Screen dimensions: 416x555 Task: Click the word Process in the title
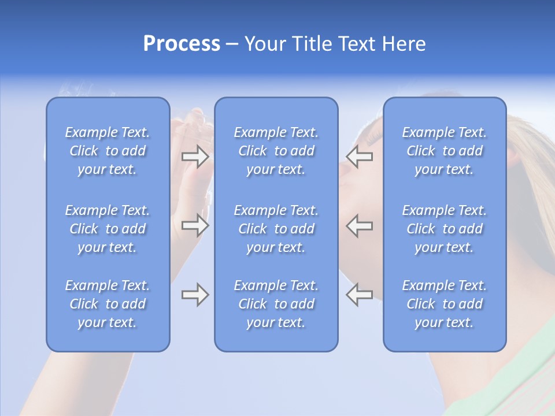182,44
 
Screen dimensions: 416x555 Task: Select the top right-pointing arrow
195,157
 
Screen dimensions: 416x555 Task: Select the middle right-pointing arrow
195,225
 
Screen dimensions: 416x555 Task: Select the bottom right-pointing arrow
195,295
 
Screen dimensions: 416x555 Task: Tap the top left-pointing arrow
360,157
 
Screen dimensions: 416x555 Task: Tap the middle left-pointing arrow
360,225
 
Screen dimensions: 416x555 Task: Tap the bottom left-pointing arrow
360,295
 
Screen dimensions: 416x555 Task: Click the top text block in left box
108,151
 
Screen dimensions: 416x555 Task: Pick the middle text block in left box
108,229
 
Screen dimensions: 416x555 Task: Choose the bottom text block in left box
108,304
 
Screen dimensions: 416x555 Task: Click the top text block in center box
276,151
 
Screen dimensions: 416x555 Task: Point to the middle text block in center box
276,229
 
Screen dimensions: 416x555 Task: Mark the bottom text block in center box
276,304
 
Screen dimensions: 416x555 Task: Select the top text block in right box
445,151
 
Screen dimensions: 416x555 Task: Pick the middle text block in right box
445,229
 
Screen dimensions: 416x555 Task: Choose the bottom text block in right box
445,304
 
